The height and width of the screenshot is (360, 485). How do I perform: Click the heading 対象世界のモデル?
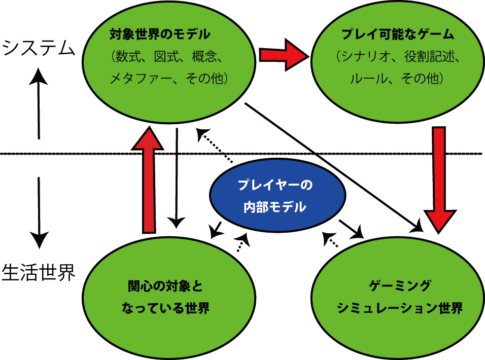point(160,34)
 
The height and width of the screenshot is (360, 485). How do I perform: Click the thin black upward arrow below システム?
point(39,101)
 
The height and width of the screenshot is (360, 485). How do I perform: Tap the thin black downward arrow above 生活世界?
point(39,210)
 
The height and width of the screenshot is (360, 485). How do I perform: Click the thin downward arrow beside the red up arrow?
point(177,177)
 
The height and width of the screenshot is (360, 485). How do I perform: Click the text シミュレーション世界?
point(400,308)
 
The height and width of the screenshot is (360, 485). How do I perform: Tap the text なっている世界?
point(165,308)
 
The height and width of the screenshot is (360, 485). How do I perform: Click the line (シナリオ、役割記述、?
point(398,57)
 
